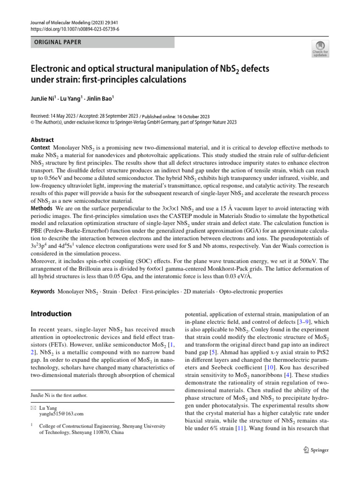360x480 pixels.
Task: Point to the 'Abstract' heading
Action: [42, 140]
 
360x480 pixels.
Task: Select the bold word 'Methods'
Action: [42, 208]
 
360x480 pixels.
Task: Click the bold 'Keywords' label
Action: [43, 292]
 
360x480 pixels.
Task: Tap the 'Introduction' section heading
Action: [51, 314]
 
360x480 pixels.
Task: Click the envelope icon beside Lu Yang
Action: [33, 408]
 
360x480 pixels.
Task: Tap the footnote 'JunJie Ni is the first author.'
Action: [59, 395]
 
